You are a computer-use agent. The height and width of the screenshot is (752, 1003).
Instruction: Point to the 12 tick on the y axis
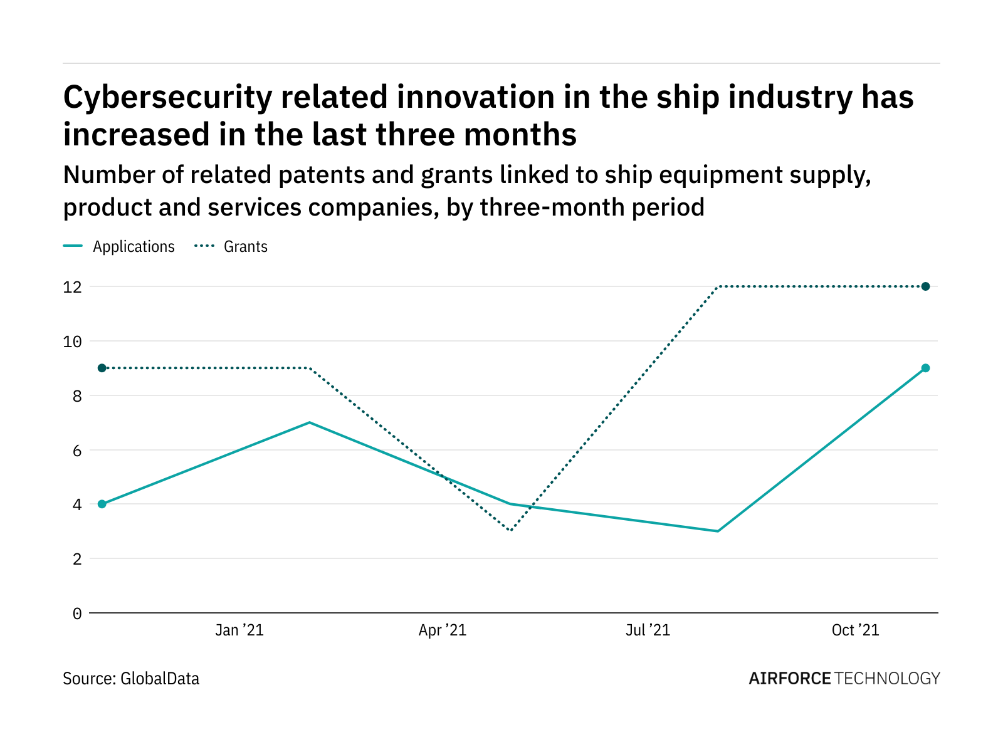73,287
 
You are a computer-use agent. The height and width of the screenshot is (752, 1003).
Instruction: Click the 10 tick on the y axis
73,342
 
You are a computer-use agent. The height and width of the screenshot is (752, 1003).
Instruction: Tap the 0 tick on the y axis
76,614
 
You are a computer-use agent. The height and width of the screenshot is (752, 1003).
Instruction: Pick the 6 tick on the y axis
76,451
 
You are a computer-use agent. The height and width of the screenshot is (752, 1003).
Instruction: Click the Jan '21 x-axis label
239,630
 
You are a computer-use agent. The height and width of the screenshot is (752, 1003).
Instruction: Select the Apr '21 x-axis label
443,630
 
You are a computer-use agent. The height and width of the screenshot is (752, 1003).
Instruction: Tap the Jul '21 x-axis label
648,630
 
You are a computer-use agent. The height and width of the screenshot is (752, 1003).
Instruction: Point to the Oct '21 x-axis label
855,630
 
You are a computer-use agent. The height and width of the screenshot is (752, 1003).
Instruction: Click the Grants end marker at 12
925,286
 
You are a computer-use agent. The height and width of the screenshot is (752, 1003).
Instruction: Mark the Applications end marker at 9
925,368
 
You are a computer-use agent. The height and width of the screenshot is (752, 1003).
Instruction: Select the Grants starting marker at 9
102,368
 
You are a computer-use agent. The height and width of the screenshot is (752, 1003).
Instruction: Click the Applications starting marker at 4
102,504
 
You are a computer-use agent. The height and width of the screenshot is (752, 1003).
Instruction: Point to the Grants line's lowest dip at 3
511,531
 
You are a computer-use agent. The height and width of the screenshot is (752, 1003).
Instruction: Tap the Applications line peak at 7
309,422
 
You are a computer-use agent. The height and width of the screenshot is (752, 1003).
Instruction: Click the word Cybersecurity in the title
167,98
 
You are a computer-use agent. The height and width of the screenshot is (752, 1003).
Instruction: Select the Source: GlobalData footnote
131,679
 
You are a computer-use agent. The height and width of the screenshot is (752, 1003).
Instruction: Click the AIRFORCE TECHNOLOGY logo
844,679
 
